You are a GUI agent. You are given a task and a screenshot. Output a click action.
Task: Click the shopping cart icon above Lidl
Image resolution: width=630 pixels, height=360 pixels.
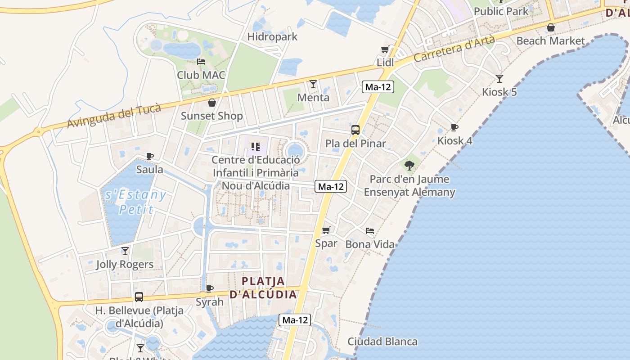tap(385, 49)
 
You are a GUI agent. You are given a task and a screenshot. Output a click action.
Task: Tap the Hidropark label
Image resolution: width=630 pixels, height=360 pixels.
tap(272, 37)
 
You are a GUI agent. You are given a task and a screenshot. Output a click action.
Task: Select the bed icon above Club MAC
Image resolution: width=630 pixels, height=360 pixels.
tap(201, 62)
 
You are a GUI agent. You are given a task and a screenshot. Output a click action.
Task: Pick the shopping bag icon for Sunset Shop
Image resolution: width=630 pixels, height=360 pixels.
tap(211, 103)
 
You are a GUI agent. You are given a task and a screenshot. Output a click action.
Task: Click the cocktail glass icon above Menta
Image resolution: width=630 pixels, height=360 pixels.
tap(313, 84)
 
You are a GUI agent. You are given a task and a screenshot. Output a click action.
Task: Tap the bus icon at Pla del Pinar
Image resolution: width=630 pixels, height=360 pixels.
tap(355, 130)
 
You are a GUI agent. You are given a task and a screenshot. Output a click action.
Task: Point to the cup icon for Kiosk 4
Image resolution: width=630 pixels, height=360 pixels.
tap(454, 127)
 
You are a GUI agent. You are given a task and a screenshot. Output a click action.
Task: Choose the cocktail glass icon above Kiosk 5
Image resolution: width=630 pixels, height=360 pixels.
tap(499, 79)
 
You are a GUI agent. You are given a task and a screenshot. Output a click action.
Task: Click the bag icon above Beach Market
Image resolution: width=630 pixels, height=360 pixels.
tap(550, 27)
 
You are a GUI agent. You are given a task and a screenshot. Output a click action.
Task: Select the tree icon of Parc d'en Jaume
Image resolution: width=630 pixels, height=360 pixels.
tap(409, 166)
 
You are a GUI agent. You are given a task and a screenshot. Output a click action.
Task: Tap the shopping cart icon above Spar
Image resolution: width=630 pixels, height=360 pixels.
tap(326, 230)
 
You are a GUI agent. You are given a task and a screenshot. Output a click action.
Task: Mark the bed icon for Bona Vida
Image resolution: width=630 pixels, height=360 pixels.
tap(370, 231)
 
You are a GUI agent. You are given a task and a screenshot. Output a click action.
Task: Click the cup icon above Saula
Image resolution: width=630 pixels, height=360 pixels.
tap(150, 157)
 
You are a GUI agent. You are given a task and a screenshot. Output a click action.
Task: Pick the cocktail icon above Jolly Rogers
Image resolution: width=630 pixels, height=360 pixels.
tap(125, 251)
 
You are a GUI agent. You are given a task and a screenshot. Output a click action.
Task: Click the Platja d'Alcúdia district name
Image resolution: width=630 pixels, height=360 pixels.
tap(263, 288)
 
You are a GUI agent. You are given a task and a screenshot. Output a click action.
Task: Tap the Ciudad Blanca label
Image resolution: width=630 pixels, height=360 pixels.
tap(382, 342)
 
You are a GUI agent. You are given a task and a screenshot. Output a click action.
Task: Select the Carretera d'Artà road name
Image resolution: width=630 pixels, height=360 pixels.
tap(454, 49)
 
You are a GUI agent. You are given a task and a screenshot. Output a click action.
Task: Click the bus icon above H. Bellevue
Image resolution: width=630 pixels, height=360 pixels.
tap(139, 297)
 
